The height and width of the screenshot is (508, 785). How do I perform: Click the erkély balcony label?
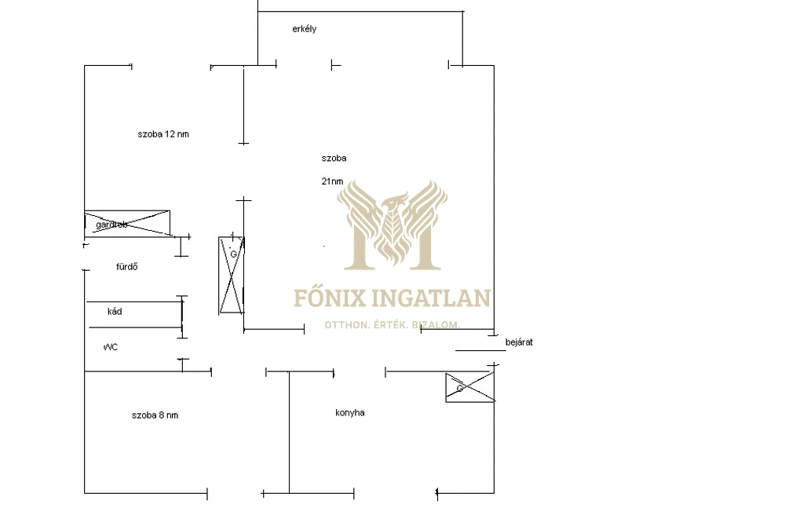[x=303, y=29]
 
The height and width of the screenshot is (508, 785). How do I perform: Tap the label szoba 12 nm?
[x=163, y=134]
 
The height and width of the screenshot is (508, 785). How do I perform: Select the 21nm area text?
[x=331, y=181]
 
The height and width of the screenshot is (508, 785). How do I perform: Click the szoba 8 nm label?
[x=155, y=415]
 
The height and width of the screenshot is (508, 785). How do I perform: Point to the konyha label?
[x=349, y=413]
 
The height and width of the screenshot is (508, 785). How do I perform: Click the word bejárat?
[x=519, y=342]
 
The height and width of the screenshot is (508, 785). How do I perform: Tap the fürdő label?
[x=127, y=267]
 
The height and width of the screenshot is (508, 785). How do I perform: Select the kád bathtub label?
[x=115, y=312]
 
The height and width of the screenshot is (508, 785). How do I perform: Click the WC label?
[x=110, y=346]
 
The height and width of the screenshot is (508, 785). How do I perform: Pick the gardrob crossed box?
[x=127, y=222]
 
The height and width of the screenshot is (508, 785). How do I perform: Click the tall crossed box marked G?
[x=232, y=275]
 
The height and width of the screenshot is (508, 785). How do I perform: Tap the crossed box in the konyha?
[x=469, y=387]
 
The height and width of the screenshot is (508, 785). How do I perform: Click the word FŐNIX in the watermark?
[x=323, y=298]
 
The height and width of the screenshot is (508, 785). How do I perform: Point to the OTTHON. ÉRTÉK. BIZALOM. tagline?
[x=392, y=324]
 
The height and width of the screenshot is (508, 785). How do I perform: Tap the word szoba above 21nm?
[x=334, y=159]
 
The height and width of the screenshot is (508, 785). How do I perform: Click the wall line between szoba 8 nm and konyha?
[x=289, y=432]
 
